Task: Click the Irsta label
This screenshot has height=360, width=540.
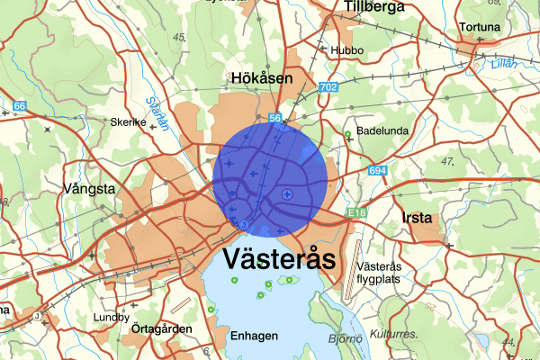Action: pyautogui.click(x=418, y=218)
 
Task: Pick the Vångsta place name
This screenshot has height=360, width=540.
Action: pyautogui.click(x=90, y=189)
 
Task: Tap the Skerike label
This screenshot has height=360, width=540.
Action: pyautogui.click(x=128, y=122)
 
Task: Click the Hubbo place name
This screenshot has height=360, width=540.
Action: pyautogui.click(x=346, y=50)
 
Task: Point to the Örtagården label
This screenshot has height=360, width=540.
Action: pyautogui.click(x=161, y=329)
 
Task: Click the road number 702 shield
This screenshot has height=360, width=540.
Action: pyautogui.click(x=327, y=86)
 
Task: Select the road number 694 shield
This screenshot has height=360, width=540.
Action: pyautogui.click(x=377, y=170)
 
